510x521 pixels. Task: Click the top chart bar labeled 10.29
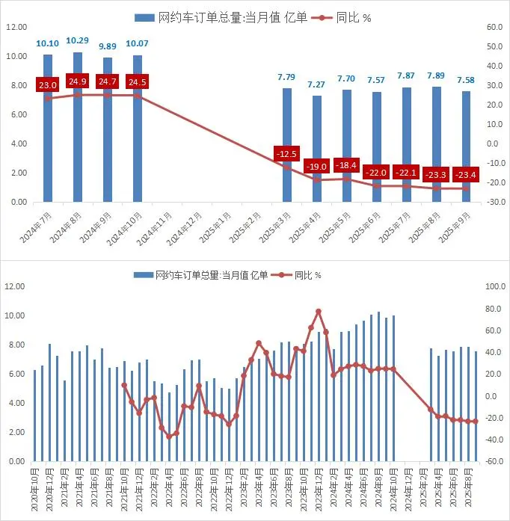78,127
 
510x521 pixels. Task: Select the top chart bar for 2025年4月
317,149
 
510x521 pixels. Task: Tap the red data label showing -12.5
286,154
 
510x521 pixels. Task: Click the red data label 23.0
48,85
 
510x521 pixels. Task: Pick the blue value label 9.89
108,46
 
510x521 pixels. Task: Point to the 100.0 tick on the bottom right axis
496,286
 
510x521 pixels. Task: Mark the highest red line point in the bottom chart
319,311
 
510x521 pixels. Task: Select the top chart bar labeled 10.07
138,129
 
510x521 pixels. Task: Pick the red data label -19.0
316,167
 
